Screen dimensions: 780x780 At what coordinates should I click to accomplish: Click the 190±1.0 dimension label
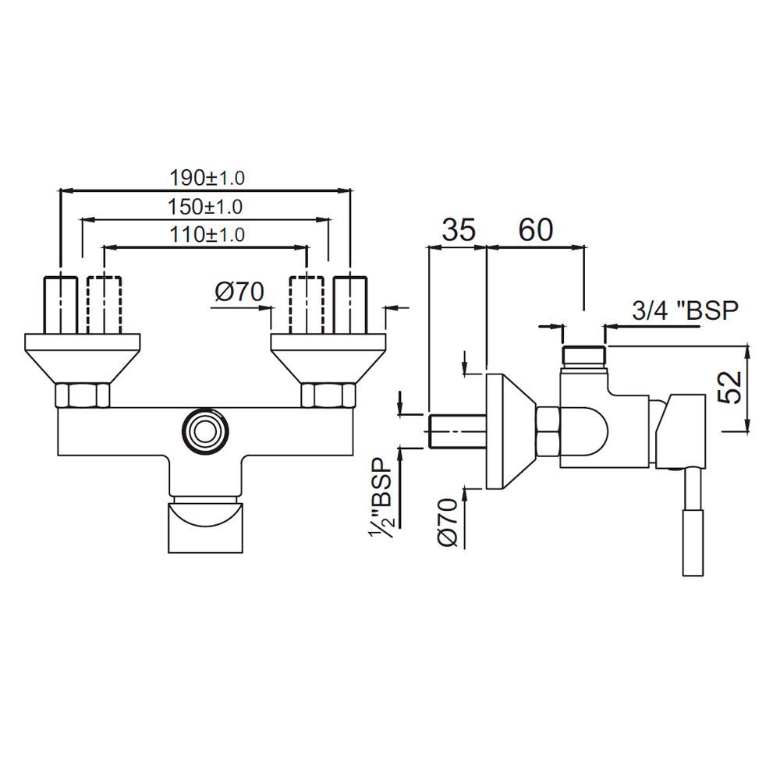(x=207, y=178)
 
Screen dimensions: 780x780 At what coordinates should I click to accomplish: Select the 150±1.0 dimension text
(x=205, y=207)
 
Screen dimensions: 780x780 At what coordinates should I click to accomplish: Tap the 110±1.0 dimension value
(x=207, y=234)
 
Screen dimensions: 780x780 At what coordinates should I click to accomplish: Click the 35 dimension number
(x=459, y=230)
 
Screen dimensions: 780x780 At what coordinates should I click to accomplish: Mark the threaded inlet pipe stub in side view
(x=458, y=431)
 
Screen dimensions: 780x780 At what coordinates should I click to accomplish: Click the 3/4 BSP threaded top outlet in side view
(x=583, y=355)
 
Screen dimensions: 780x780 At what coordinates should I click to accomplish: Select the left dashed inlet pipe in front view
(x=105, y=304)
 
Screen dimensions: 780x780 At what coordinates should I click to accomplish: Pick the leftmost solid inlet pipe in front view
(x=62, y=304)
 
